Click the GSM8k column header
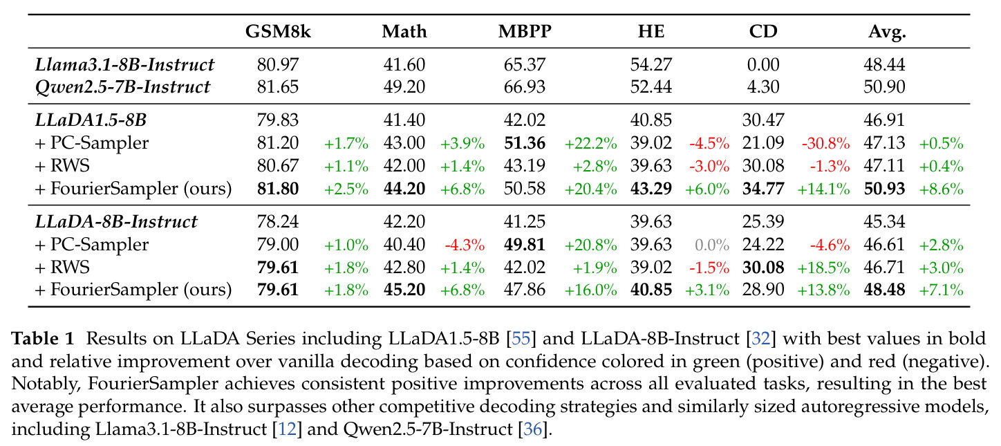pos(277,31)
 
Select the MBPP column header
pos(525,31)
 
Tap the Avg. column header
pos(887,32)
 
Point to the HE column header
pos(651,31)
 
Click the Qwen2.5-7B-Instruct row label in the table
pos(122,86)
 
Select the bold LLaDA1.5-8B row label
pos(91,120)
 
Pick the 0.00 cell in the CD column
pos(763,64)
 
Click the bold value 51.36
pos(525,143)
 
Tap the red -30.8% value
pos(826,143)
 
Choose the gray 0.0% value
pos(712,245)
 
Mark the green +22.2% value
pos(591,143)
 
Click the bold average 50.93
pos(884,189)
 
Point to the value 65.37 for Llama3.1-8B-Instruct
pos(525,64)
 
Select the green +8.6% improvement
pos(941,189)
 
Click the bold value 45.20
pos(404,290)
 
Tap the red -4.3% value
pos(465,245)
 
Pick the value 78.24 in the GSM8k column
pos(277,222)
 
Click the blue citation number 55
pos(521,338)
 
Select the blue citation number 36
pos(533,429)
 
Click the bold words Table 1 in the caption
pos(42,338)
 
